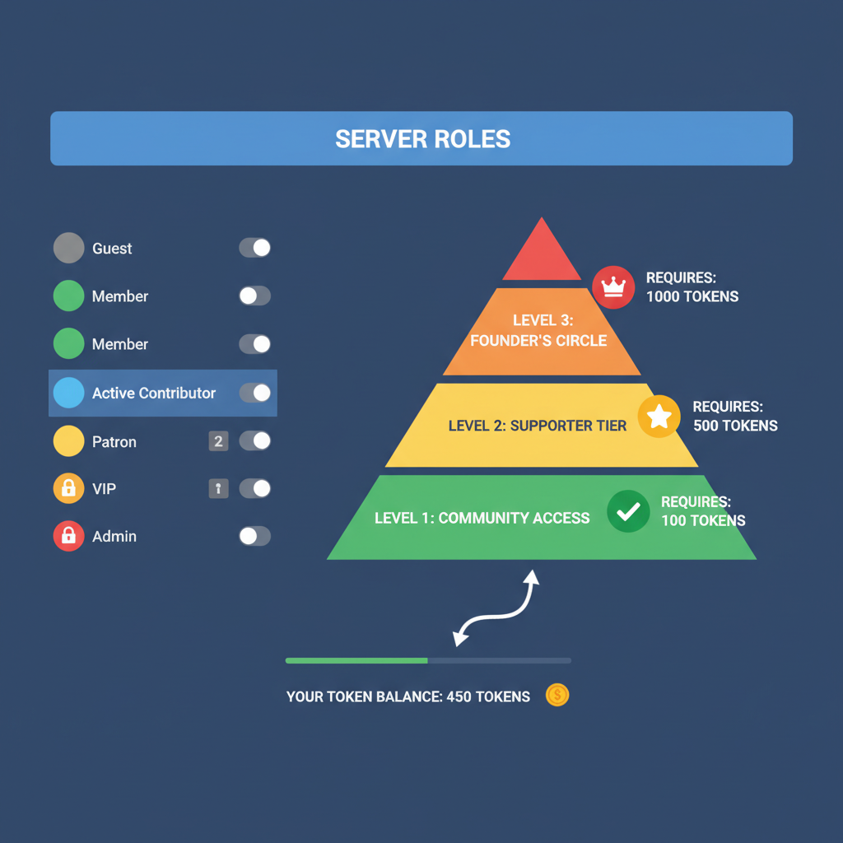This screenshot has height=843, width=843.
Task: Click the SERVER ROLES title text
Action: [422, 138]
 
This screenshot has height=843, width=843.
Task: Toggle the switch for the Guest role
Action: [254, 248]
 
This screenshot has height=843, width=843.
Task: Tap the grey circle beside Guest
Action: [68, 248]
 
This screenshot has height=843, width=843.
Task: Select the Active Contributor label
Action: [153, 393]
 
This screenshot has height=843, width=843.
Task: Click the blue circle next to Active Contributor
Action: [68, 393]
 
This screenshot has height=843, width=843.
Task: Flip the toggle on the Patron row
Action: [254, 441]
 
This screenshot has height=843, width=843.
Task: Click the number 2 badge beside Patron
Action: [218, 441]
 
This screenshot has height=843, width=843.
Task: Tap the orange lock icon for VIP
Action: [68, 488]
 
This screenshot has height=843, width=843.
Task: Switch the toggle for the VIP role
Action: [254, 488]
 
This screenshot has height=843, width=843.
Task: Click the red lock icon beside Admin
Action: [68, 536]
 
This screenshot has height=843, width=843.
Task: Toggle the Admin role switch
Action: [254, 536]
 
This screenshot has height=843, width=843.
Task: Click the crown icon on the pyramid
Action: [613, 286]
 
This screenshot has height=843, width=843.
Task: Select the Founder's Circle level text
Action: [538, 330]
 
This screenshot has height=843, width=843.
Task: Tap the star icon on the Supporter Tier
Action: [659, 417]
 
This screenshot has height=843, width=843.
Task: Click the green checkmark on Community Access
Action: [628, 511]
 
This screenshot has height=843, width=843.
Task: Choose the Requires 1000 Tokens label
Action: [692, 287]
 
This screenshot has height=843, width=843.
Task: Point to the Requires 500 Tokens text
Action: [734, 417]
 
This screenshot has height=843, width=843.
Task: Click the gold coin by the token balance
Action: [557, 696]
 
